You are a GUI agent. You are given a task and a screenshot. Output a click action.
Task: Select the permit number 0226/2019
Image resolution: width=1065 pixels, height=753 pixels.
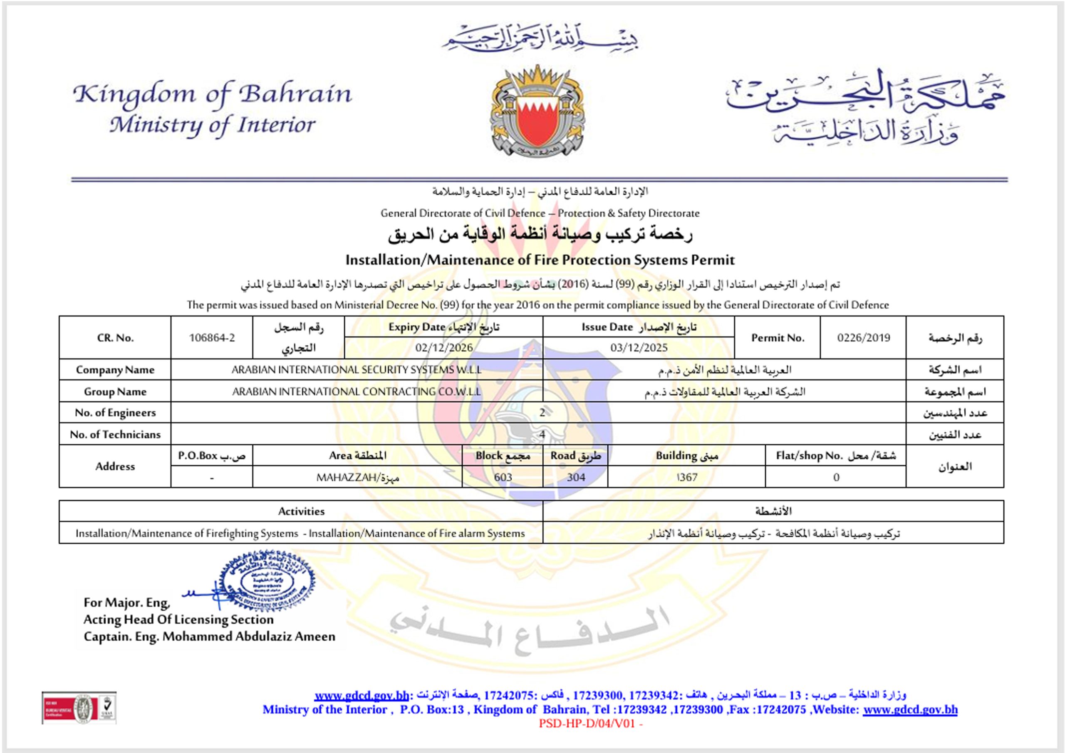(x=863, y=338)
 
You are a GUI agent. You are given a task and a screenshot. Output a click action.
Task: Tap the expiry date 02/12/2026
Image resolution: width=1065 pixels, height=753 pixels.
(x=444, y=348)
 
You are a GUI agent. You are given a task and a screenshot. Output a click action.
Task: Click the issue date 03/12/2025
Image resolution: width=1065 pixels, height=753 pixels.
(x=639, y=348)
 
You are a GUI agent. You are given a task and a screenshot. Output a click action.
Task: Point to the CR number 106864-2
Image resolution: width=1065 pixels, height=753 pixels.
(x=212, y=338)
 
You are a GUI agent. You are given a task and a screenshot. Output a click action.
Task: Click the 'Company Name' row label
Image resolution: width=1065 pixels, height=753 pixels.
(x=115, y=370)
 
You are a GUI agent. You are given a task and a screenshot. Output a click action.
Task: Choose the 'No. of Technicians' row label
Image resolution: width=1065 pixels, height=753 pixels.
(x=115, y=434)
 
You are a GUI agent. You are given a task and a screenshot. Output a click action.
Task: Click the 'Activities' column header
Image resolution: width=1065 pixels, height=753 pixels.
(x=301, y=511)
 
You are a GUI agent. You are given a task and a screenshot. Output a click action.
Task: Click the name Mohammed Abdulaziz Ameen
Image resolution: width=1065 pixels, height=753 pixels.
(x=249, y=637)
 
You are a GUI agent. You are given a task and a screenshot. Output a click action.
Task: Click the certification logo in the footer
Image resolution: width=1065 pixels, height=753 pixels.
(x=79, y=708)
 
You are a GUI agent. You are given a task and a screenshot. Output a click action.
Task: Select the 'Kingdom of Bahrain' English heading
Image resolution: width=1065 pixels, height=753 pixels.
(x=213, y=94)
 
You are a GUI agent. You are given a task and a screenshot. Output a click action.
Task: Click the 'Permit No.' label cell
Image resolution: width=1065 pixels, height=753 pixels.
(x=778, y=338)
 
